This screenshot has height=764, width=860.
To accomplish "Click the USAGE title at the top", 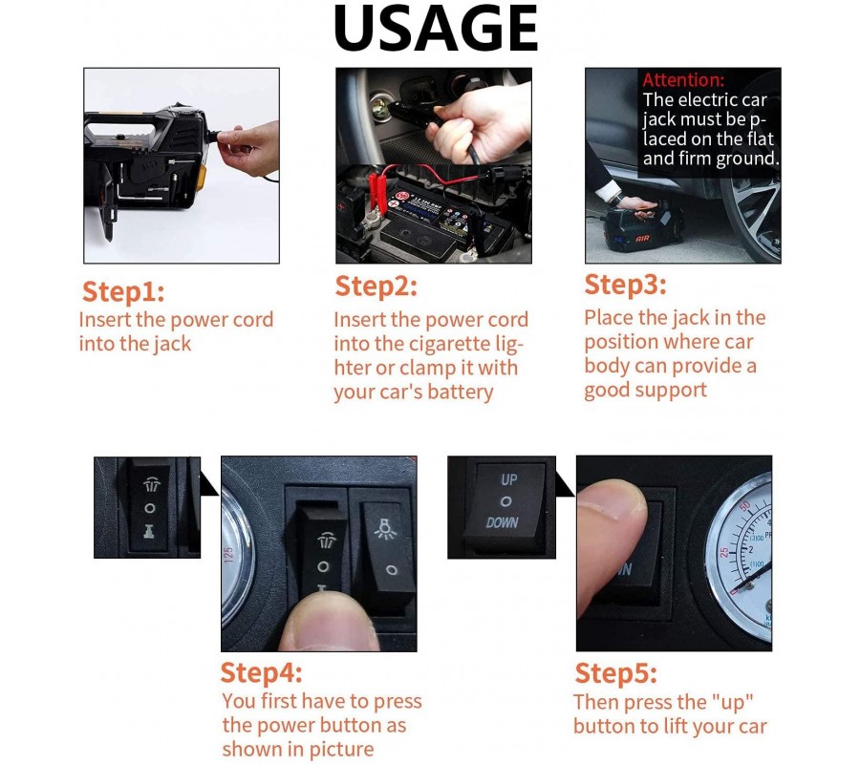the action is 436,29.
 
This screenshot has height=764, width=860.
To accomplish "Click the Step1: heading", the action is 123,291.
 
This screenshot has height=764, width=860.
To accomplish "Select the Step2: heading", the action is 376,286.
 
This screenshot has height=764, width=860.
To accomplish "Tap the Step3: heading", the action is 625,285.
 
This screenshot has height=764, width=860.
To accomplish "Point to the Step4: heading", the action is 261,673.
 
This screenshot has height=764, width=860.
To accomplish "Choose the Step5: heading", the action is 615,673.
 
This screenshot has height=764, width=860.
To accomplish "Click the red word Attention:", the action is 683,80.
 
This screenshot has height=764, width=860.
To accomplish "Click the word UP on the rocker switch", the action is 509,480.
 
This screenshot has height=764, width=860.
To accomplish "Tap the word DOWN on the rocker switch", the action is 502,522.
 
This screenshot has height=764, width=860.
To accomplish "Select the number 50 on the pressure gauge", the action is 744,507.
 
